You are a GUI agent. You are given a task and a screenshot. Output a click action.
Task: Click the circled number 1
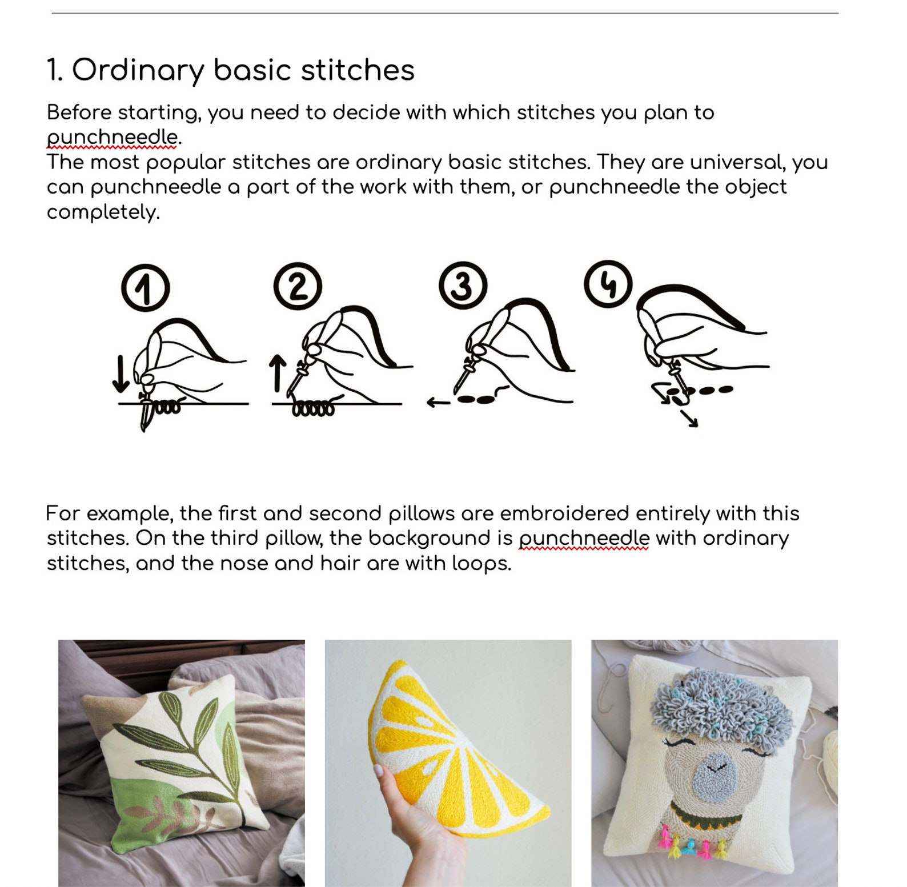click(x=145, y=288)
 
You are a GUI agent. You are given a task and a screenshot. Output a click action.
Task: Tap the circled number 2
click(x=298, y=286)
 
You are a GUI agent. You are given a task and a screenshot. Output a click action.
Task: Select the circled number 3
click(x=463, y=285)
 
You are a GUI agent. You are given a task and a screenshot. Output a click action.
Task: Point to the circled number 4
click(x=608, y=284)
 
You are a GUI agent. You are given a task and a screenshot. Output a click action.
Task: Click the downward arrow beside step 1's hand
click(x=120, y=374)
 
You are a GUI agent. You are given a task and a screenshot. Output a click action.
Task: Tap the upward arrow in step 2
click(x=278, y=372)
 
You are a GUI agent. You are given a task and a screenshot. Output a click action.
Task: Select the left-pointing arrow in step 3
click(x=438, y=403)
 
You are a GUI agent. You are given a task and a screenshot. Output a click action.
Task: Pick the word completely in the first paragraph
click(x=103, y=212)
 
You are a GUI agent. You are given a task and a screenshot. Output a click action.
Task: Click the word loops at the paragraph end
click(x=480, y=564)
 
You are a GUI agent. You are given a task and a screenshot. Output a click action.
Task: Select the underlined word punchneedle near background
click(x=584, y=538)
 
